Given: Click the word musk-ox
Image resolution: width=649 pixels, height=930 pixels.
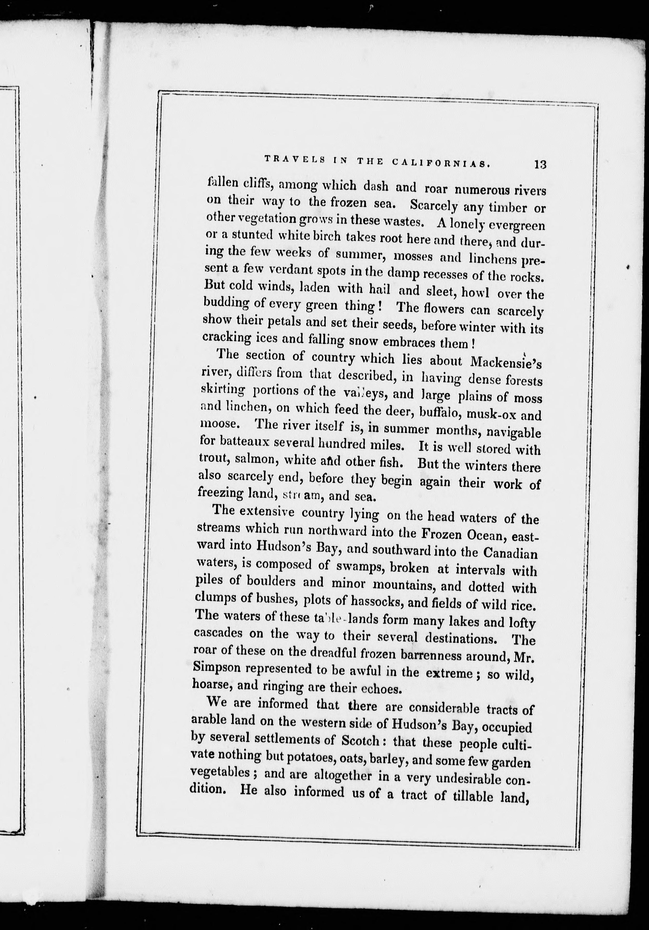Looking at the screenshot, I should [491, 415].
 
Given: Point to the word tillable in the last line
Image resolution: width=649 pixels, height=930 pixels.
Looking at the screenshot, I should [466, 796].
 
